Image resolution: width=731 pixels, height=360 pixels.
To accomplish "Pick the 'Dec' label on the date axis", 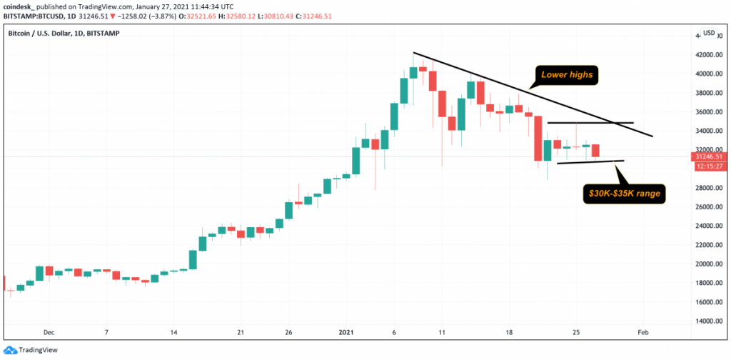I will (49, 332).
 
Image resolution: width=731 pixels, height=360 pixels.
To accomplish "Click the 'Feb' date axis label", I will (643, 332).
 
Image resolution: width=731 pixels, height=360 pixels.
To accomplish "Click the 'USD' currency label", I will (709, 34).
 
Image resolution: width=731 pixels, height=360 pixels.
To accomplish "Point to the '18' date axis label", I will (509, 332).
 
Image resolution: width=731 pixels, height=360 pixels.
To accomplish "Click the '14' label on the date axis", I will (173, 332).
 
